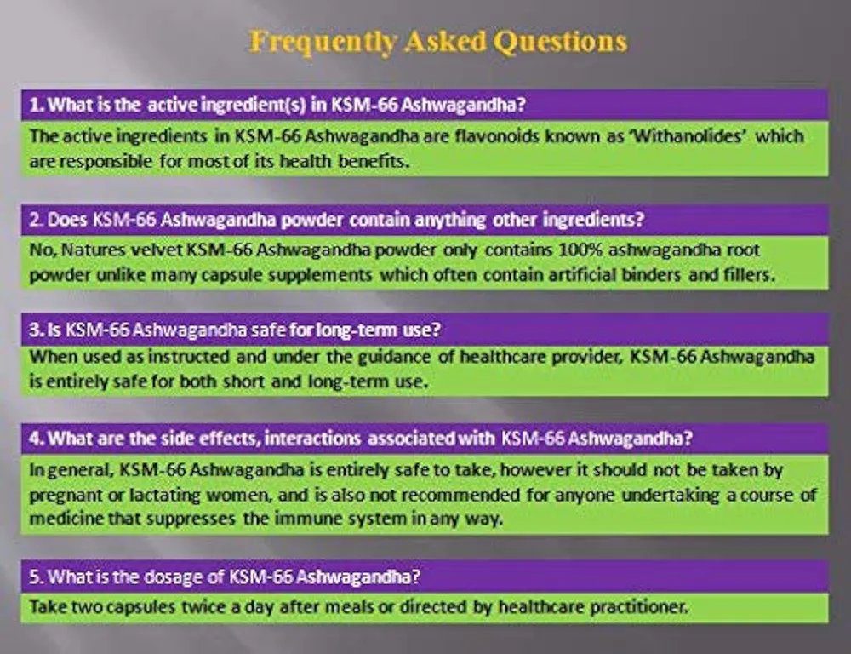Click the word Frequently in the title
[x=323, y=43]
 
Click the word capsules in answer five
[x=140, y=607]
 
